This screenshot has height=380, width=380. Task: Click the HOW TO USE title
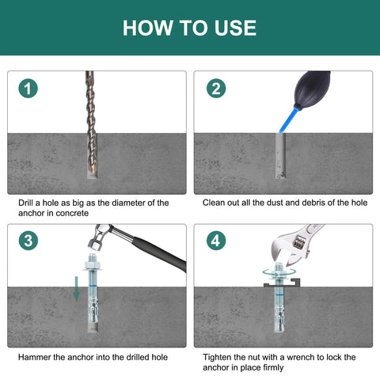[190, 28]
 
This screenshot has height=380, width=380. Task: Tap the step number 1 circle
[28, 89]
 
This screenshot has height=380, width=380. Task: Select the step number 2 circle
[215, 89]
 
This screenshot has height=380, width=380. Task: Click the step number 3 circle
[28, 241]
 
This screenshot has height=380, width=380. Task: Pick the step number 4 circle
[215, 241]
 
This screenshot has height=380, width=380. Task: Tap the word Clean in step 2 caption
[216, 203]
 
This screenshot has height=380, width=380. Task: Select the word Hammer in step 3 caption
[37, 357]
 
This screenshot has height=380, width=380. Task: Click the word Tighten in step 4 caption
[220, 357]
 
